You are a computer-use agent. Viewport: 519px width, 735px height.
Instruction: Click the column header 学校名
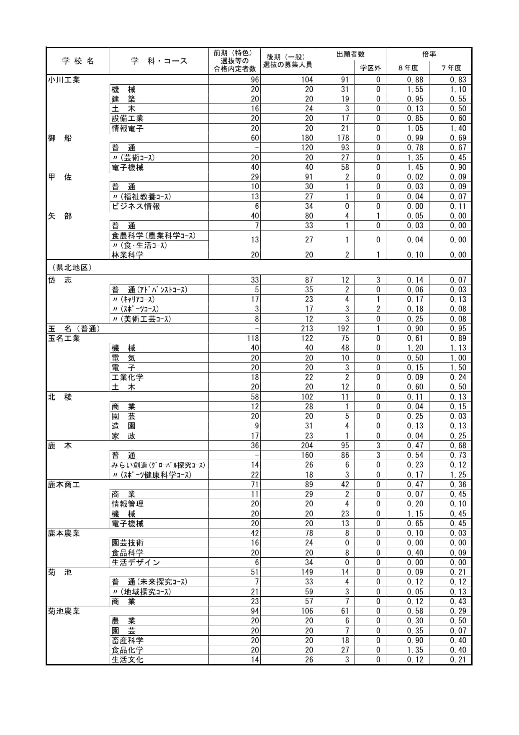coord(78,61)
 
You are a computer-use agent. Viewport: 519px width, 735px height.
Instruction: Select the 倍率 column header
coord(429,54)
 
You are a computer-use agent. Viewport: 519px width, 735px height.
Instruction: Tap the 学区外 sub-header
coord(370,68)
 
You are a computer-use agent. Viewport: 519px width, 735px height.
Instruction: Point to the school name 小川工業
coord(64,80)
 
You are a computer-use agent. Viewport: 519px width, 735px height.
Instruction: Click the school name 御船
coord(60,138)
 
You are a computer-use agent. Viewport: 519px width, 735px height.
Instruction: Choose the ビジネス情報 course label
coord(136,206)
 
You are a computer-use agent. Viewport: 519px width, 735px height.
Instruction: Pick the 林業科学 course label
coord(128,255)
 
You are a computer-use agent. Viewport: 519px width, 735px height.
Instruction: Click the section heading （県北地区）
coord(70,267)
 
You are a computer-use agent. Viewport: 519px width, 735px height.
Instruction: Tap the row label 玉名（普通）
coord(74,329)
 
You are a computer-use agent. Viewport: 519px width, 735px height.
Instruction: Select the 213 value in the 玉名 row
coord(307,329)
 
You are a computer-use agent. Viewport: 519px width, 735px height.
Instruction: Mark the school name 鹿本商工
coord(64,484)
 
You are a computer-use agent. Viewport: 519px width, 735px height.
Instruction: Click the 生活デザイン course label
coord(136,562)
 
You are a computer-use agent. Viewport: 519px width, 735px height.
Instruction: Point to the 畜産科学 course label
coord(128,640)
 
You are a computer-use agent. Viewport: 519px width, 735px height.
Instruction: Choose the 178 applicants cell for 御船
coord(343,138)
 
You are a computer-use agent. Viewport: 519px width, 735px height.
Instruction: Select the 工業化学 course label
coord(128,377)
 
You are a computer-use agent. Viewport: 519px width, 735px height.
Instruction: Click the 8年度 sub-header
coord(407,68)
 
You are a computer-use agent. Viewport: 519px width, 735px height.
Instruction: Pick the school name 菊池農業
coord(64,611)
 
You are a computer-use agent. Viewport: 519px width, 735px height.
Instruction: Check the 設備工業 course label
coord(128,119)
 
